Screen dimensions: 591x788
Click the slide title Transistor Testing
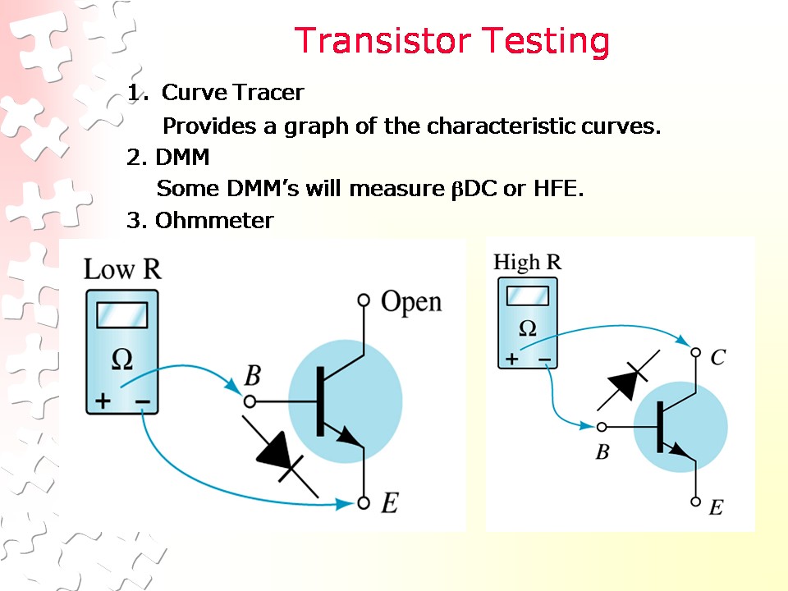coord(451,41)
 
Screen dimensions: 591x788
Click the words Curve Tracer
coord(232,93)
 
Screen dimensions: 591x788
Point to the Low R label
coord(122,269)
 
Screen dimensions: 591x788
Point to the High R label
coord(527,263)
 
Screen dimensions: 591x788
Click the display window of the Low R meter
coord(122,314)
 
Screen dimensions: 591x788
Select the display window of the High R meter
coord(528,296)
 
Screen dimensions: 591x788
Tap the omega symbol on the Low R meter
coord(122,360)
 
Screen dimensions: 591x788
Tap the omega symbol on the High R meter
coord(528,329)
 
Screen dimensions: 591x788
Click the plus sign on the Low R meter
coord(103,401)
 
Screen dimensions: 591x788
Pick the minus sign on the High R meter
coord(543,359)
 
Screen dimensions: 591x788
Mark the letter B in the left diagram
coord(253,377)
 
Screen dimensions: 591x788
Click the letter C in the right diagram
coord(717,357)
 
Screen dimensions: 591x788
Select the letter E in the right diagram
coord(716,508)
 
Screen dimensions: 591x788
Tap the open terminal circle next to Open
coord(363,301)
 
